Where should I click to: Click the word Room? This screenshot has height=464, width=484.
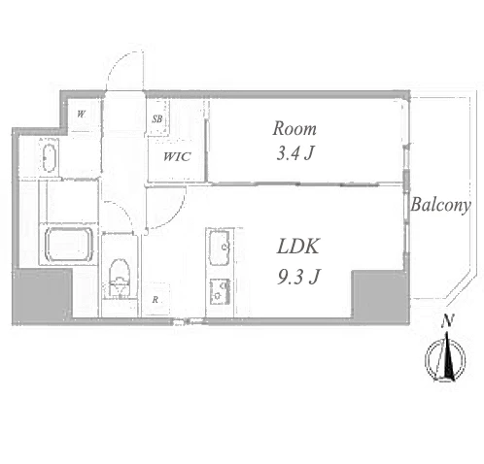point(294,128)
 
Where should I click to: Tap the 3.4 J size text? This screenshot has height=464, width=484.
point(295,153)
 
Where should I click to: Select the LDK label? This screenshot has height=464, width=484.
point(298,246)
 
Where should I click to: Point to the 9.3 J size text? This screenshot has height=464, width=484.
point(298,277)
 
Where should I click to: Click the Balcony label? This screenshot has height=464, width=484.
point(440,205)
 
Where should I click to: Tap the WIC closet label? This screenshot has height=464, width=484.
point(177,157)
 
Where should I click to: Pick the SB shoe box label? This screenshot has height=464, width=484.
point(157,118)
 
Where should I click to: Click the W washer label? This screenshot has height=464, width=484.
point(82,114)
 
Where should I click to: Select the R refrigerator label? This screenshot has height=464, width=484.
point(156,300)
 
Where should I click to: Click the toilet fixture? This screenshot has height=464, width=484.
point(120,278)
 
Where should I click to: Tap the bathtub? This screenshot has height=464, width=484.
point(69,245)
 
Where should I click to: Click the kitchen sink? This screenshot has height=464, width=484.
point(220,248)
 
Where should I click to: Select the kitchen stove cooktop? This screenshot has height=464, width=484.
point(220,291)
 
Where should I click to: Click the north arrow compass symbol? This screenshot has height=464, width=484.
point(445,359)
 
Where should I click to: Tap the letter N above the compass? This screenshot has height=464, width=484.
point(447,320)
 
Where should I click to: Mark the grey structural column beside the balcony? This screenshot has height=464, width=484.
point(380,296)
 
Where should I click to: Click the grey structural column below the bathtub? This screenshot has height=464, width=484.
point(42,296)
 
